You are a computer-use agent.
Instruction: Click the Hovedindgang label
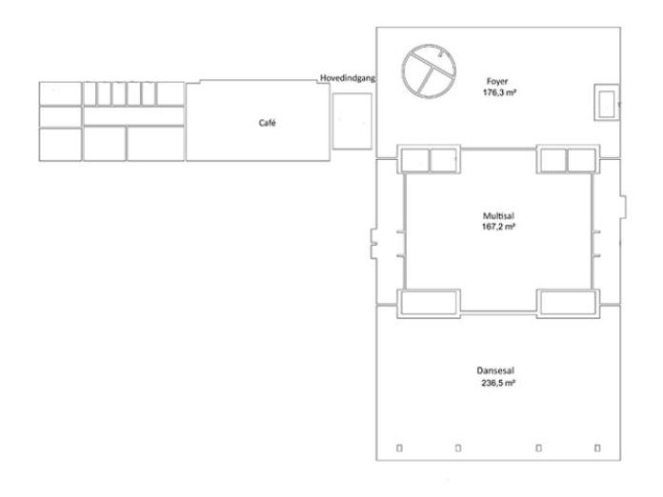click(x=348, y=78)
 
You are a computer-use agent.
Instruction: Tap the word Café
click(x=268, y=123)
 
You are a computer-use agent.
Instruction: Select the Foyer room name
click(x=497, y=81)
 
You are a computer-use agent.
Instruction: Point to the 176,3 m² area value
click(x=499, y=92)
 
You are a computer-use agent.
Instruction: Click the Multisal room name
click(x=498, y=216)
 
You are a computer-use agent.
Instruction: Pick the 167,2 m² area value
click(x=498, y=227)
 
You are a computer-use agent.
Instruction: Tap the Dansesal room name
click(x=495, y=370)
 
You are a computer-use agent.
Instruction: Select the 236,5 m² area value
click(x=498, y=383)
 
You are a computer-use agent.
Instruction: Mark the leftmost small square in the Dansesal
click(x=399, y=448)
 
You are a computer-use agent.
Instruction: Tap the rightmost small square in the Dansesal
click(x=597, y=448)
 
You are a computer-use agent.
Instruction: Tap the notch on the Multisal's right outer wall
click(x=623, y=208)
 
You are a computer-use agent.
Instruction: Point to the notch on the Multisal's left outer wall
click(x=373, y=244)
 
